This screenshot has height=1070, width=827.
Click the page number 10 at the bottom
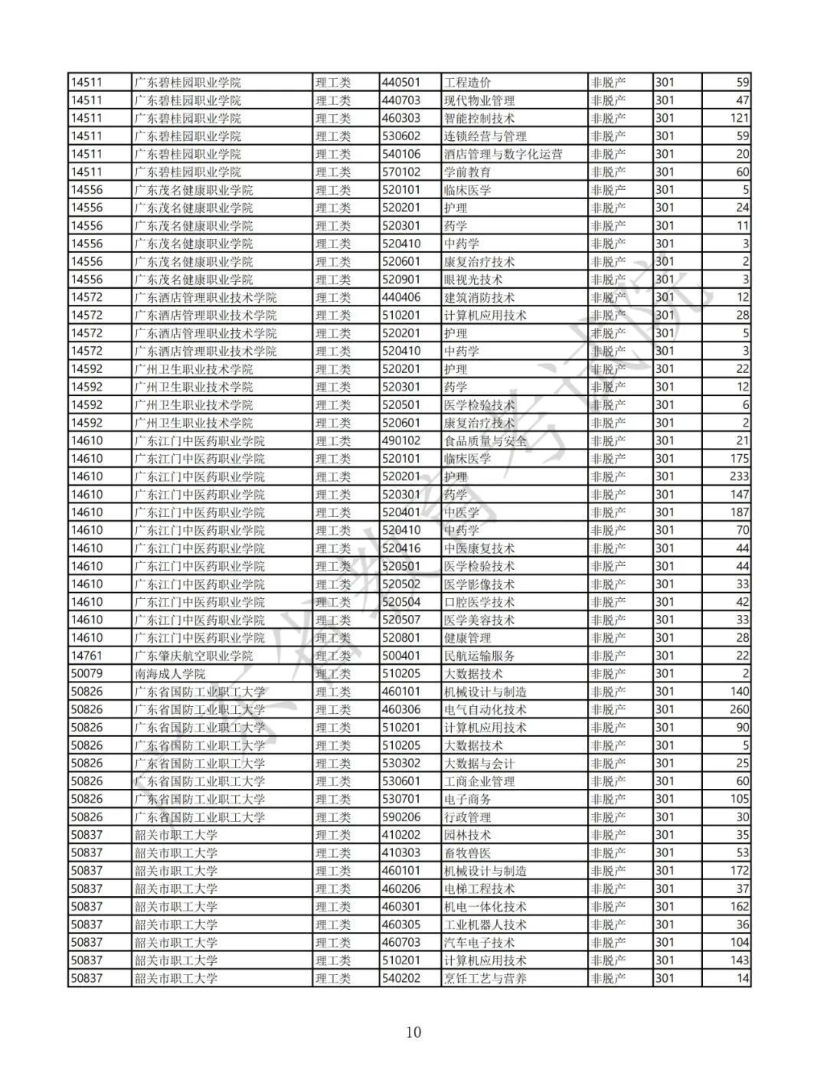click(413, 1032)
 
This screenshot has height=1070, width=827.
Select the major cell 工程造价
click(468, 83)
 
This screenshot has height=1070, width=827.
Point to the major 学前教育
click(468, 172)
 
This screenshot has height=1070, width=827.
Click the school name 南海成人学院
click(170, 674)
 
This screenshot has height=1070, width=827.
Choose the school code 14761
click(86, 656)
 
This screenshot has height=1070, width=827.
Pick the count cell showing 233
click(739, 476)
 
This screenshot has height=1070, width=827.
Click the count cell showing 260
click(739, 710)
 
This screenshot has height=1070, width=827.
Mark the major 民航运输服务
click(479, 656)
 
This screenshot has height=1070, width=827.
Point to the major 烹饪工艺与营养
click(485, 978)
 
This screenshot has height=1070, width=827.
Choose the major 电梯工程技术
click(479, 888)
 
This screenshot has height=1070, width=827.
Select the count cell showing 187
click(739, 512)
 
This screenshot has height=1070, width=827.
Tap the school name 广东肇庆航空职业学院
click(194, 656)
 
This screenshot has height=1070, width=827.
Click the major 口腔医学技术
click(479, 602)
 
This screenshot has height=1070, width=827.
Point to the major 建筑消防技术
click(479, 297)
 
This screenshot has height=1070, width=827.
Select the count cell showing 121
click(739, 118)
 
